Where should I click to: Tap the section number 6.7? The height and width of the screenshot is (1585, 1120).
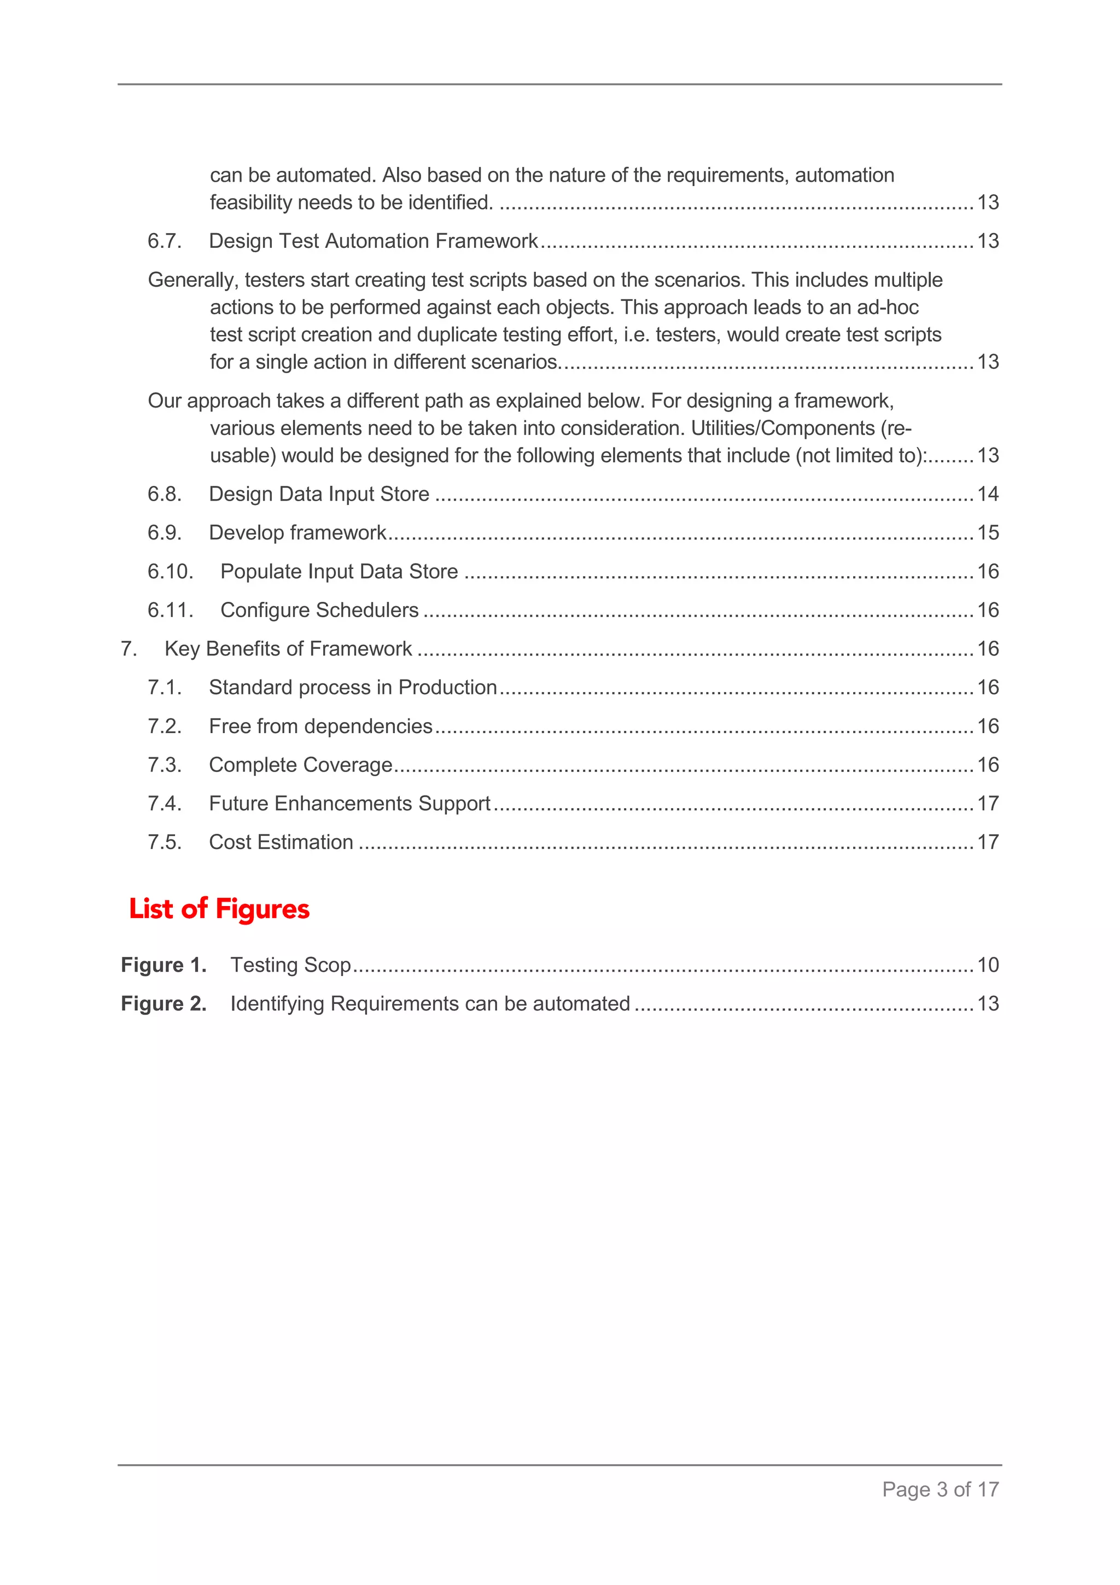(x=164, y=241)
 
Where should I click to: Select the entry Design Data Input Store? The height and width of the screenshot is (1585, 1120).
(x=319, y=494)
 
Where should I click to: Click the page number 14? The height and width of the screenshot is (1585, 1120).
(x=988, y=494)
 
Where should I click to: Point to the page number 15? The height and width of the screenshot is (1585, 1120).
(x=988, y=533)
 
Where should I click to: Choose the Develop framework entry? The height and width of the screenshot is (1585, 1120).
(x=297, y=533)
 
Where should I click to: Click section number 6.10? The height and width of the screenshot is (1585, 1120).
(x=170, y=572)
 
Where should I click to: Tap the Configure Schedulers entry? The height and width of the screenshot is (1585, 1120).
(x=319, y=610)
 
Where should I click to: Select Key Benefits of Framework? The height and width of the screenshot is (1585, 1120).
(x=288, y=649)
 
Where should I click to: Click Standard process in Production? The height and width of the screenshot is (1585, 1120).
(x=353, y=688)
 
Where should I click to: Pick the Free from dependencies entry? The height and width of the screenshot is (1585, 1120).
(x=320, y=726)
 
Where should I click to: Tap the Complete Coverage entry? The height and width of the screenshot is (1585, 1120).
(x=300, y=765)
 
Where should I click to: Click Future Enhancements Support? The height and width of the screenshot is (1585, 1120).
(x=349, y=804)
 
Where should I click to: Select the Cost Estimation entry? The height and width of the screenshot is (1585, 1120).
(x=281, y=842)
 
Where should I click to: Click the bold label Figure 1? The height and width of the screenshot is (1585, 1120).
(x=164, y=965)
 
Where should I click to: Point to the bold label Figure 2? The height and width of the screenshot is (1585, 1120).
(x=164, y=1004)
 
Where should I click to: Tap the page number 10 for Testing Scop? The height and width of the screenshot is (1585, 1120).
(x=988, y=965)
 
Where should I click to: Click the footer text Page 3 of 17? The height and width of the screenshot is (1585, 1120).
(x=940, y=1490)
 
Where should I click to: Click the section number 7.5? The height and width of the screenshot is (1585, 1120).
(x=164, y=842)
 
